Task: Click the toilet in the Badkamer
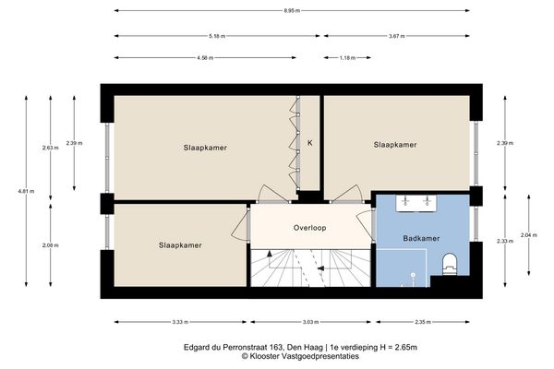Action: click(x=450, y=264)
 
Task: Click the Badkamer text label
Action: click(x=420, y=238)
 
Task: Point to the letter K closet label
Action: click(x=310, y=144)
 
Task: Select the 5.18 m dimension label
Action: click(x=217, y=36)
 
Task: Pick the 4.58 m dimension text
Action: click(x=204, y=57)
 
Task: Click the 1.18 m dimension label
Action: click(x=346, y=57)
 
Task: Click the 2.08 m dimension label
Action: click(x=49, y=245)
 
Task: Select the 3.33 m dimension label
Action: click(x=179, y=322)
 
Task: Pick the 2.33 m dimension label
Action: click(x=503, y=241)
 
